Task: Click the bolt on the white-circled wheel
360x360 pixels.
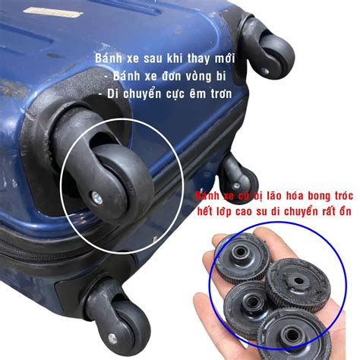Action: (96, 197)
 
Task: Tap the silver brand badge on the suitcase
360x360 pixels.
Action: (53, 12)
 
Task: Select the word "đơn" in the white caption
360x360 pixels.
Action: (169, 76)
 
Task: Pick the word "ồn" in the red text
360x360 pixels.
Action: (346, 211)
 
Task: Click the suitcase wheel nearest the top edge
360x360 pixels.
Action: (276, 51)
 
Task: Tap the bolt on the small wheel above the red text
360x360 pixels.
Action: (236, 186)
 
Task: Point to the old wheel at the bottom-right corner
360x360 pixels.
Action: (294, 334)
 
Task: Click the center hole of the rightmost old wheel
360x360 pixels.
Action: (298, 281)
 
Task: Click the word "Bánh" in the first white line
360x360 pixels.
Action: (106, 58)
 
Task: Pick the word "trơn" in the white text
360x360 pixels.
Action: (222, 94)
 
